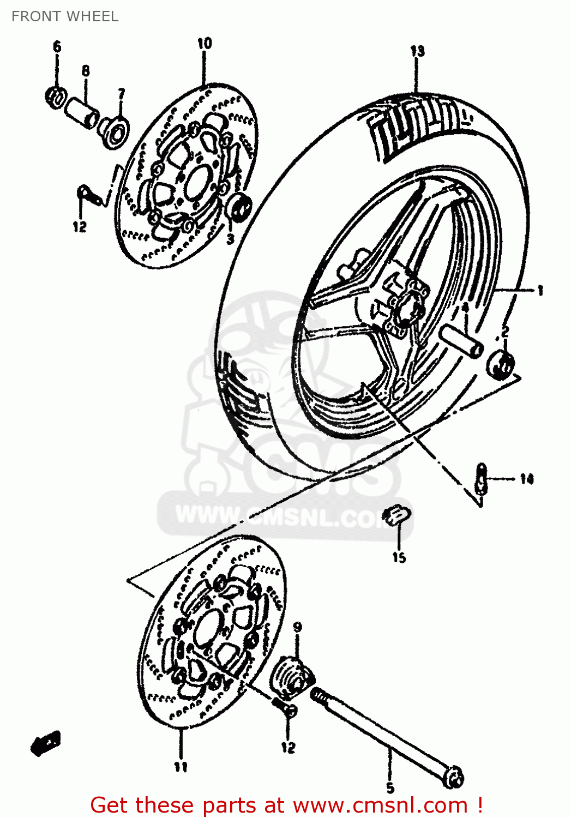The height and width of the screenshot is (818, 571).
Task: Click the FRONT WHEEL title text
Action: pyautogui.click(x=65, y=16)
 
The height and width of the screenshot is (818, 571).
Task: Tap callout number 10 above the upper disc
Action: pyautogui.click(x=205, y=44)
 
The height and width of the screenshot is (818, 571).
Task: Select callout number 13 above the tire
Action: pyautogui.click(x=417, y=51)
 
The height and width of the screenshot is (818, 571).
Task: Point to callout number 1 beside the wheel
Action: pyautogui.click(x=540, y=291)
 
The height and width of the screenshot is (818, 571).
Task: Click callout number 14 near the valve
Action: pyautogui.click(x=526, y=479)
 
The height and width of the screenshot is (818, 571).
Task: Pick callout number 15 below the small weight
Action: pyautogui.click(x=399, y=557)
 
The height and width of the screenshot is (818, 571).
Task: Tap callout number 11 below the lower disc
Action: pyautogui.click(x=181, y=767)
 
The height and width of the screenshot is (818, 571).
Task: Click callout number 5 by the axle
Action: pyautogui.click(x=390, y=787)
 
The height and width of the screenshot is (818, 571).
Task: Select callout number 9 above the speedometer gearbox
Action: pyautogui.click(x=297, y=627)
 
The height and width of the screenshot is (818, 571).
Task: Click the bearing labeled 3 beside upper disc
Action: pyautogui.click(x=238, y=207)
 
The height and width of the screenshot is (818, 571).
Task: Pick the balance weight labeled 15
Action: pyautogui.click(x=397, y=515)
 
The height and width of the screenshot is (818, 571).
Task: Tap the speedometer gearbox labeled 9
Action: pyautogui.click(x=293, y=676)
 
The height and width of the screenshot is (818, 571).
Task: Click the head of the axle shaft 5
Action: pyautogui.click(x=452, y=777)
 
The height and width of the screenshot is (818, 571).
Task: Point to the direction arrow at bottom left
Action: pyautogui.click(x=46, y=743)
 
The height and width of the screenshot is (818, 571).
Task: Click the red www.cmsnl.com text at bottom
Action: pyautogui.click(x=380, y=805)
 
